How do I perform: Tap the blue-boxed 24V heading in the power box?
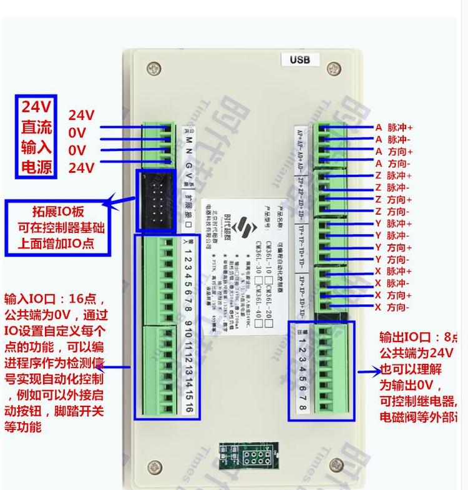(x=38, y=106)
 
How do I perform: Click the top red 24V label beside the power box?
(x=81, y=115)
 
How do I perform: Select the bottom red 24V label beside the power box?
(x=81, y=167)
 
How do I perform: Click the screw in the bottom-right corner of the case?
(x=336, y=465)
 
